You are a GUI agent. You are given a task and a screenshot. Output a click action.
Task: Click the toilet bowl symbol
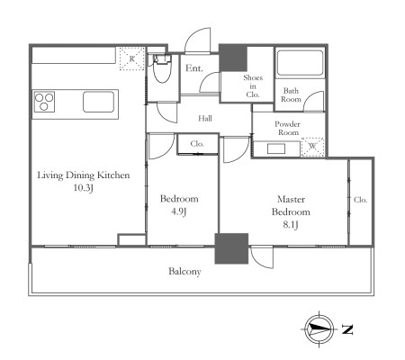pos(162,68)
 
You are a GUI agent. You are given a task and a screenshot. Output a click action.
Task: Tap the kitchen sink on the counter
pos(98,102)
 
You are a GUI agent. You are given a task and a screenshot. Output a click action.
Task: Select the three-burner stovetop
pos(44,102)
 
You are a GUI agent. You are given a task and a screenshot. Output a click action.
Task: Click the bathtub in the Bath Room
pos(300,63)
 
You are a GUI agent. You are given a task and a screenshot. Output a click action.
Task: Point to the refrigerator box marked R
pos(132,58)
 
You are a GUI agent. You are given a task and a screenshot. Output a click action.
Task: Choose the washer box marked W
pos(312,147)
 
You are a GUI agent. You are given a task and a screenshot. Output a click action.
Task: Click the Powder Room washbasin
pos(276,148)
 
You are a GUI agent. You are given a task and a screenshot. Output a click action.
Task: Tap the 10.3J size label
pos(84,188)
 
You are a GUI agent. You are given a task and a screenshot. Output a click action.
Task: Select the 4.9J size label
pos(179,211)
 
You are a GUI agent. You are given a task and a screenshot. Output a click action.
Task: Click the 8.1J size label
pos(291,224)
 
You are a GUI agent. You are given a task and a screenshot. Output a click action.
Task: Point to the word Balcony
pos(184,272)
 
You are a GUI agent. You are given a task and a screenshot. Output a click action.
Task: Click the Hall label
pos(205,118)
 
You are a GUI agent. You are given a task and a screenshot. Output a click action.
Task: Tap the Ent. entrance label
pos(194,68)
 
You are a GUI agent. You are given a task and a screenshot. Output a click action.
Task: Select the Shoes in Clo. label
pos(253,86)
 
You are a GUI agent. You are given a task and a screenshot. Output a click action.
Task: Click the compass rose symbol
pos(319,329)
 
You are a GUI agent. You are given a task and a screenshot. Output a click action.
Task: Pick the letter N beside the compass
pos(347,329)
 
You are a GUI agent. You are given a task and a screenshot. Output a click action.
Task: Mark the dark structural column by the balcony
pos(231,248)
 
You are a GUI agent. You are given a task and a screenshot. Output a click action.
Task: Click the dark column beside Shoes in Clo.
pos(233,58)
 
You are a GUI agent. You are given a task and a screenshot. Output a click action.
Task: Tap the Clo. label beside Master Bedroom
pos(360,200)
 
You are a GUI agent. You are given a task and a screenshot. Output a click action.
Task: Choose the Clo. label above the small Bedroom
pos(197,144)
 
